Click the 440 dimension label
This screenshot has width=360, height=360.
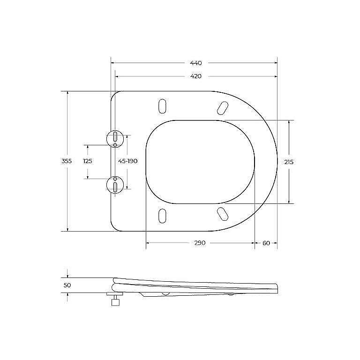point(196,63)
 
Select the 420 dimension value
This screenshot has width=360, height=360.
point(196,76)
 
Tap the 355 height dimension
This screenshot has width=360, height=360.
point(67,161)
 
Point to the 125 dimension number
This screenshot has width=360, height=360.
point(88,161)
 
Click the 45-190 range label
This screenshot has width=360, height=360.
point(128,161)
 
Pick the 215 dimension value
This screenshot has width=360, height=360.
point(289,162)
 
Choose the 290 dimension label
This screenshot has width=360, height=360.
point(200,243)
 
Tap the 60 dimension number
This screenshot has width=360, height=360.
point(266,243)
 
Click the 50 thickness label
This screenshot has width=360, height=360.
point(67,285)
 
